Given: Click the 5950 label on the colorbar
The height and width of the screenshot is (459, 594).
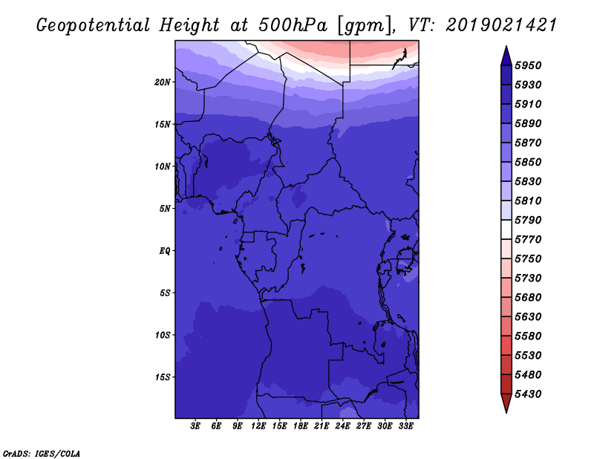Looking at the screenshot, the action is pyautogui.click(x=528, y=65).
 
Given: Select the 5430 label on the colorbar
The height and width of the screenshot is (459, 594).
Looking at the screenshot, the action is pyautogui.click(x=528, y=394).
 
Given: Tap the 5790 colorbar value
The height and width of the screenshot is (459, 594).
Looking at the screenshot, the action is pyautogui.click(x=528, y=220).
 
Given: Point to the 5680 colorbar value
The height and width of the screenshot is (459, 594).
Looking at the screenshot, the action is pyautogui.click(x=528, y=298).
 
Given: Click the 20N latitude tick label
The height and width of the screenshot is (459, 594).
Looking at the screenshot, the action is pyautogui.click(x=163, y=82).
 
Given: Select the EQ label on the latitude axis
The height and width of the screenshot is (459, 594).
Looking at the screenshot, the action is pyautogui.click(x=165, y=251).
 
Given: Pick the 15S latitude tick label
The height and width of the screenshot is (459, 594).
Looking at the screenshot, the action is pyautogui.click(x=163, y=377).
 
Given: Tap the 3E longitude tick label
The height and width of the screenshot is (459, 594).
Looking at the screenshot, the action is pyautogui.click(x=195, y=426).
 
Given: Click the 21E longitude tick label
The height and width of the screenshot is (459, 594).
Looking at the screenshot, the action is pyautogui.click(x=322, y=426).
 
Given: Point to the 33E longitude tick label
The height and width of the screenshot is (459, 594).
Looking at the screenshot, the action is pyautogui.click(x=405, y=426).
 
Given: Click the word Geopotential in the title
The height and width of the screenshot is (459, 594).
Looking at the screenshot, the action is pyautogui.click(x=94, y=25).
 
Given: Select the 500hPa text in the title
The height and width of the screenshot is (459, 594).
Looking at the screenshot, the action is pyautogui.click(x=293, y=25).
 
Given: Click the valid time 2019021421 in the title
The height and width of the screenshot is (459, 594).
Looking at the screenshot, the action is pyautogui.click(x=500, y=25).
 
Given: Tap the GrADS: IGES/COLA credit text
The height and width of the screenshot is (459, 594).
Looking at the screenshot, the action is pyautogui.click(x=42, y=454).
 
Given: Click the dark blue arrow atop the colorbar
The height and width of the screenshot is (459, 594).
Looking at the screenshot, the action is pyautogui.click(x=506, y=56).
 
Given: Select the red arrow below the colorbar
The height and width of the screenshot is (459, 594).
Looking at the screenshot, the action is pyautogui.click(x=506, y=403).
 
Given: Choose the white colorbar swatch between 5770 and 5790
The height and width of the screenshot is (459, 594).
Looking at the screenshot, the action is pyautogui.click(x=506, y=229).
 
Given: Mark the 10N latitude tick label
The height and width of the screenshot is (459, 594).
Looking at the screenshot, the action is pyautogui.click(x=163, y=166).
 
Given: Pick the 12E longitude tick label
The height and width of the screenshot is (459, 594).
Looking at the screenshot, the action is pyautogui.click(x=258, y=426).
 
